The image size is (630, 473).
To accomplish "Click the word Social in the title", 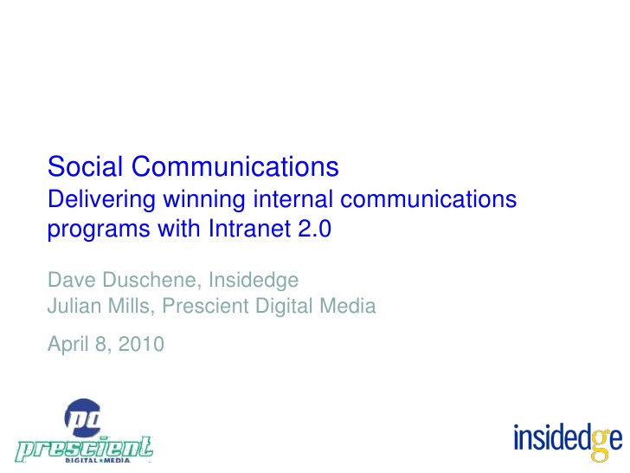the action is tap(85, 166).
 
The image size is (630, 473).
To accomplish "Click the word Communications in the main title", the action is tap(235, 166).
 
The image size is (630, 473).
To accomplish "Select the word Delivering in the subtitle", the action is tap(101, 200).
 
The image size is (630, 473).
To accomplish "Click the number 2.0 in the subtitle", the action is tap(315, 229).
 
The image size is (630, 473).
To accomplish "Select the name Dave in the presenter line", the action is tap(72, 280).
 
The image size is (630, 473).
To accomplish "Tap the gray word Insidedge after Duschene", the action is tap(254, 281).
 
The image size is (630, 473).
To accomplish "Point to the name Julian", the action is tap(74, 306).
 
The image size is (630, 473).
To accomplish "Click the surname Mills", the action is tap(132, 306).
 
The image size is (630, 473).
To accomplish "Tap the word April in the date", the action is tap(67, 344).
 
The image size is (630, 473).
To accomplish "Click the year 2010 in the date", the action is tap(141, 344).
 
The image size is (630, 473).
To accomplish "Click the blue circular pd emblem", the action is tap(83, 418).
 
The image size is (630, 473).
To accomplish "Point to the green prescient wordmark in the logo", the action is tap(85, 449).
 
